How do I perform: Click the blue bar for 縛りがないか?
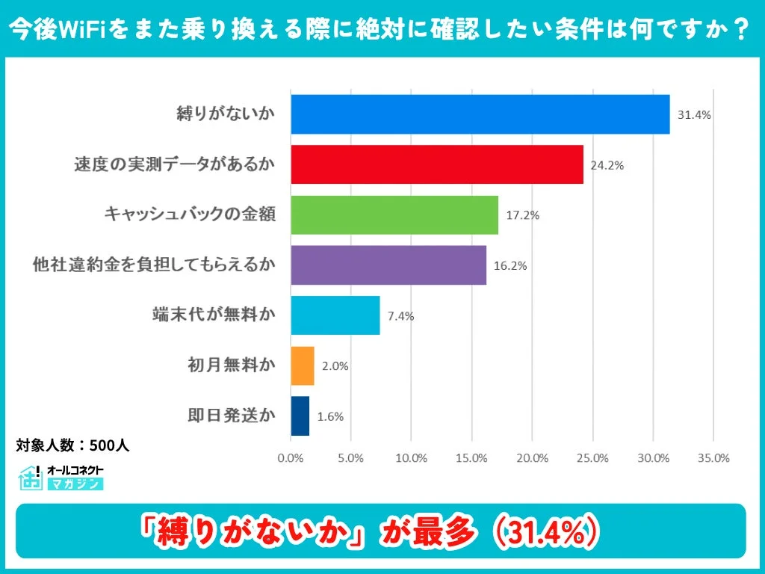pos(480,114)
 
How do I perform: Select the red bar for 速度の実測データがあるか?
pos(436,164)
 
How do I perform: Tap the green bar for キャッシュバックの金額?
pos(394,215)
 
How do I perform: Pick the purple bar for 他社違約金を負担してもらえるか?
pos(388,265)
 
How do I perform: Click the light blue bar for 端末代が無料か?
pos(335,315)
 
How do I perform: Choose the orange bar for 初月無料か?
pos(302,366)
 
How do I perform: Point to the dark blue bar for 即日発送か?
pos(300,416)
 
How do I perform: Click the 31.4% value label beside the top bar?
pos(693,116)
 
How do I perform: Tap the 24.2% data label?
pos(607,166)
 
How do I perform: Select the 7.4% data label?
pos(400,316)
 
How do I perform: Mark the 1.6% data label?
pos(330,417)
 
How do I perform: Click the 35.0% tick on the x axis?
pos(713,458)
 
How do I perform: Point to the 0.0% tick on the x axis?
pos(290,458)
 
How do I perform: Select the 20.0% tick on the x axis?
pos(532,458)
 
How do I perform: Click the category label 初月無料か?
pos(231,366)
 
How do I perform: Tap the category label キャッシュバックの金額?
pos(191,215)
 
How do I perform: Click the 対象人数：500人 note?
pos(73,445)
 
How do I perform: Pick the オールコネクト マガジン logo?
pos(61,478)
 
